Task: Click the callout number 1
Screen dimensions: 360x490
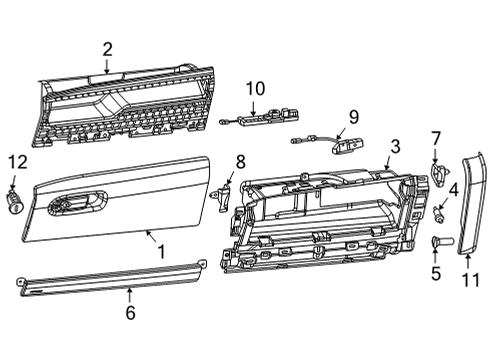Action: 159,253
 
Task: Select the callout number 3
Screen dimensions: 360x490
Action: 396,146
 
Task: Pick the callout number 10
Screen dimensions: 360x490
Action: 254,87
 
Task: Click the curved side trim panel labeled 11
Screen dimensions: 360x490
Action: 470,205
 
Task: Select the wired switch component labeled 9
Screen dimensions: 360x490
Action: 345,143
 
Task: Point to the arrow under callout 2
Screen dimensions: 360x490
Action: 107,67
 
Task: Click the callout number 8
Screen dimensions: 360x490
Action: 239,161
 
